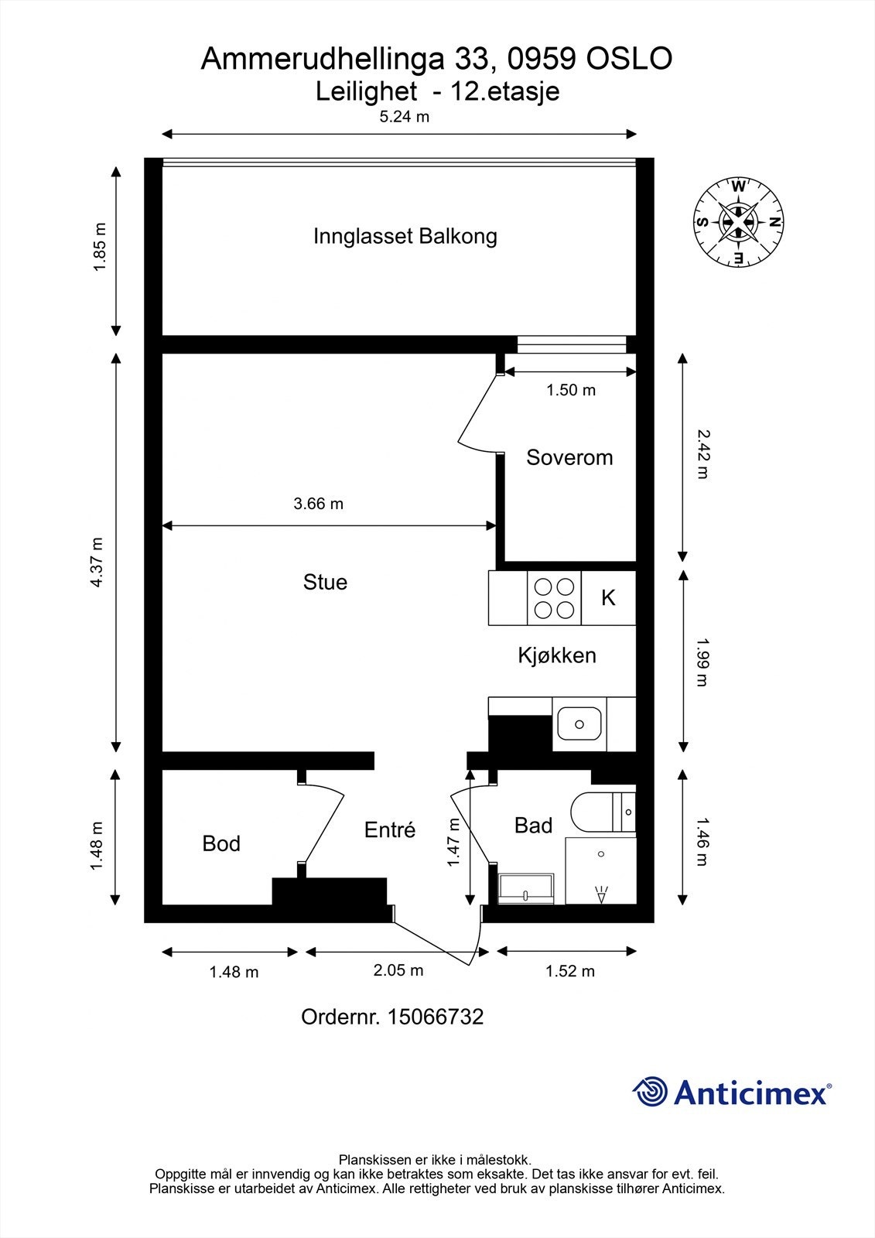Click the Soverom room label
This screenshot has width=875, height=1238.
pos(569,457)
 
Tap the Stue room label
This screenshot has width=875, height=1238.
pos(325,582)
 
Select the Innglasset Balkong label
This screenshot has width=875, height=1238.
pos(405,236)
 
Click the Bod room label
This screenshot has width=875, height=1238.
pos(221,843)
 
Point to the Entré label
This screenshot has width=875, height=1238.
pos(390,830)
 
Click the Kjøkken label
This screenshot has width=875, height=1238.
pos(556,655)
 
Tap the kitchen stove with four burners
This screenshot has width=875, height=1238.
pos(554,598)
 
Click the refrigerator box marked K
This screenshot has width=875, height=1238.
pos(608,598)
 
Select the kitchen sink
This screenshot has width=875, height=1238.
pos(579,723)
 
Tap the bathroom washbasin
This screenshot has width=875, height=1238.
pos(526,888)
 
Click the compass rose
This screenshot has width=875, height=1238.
pos(738,221)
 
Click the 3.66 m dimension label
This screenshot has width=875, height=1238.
pos(318,504)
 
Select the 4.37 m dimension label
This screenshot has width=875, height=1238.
pos(97,562)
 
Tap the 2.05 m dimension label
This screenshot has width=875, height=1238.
pos(398,970)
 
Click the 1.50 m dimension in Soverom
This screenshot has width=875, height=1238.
pos(571,390)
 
